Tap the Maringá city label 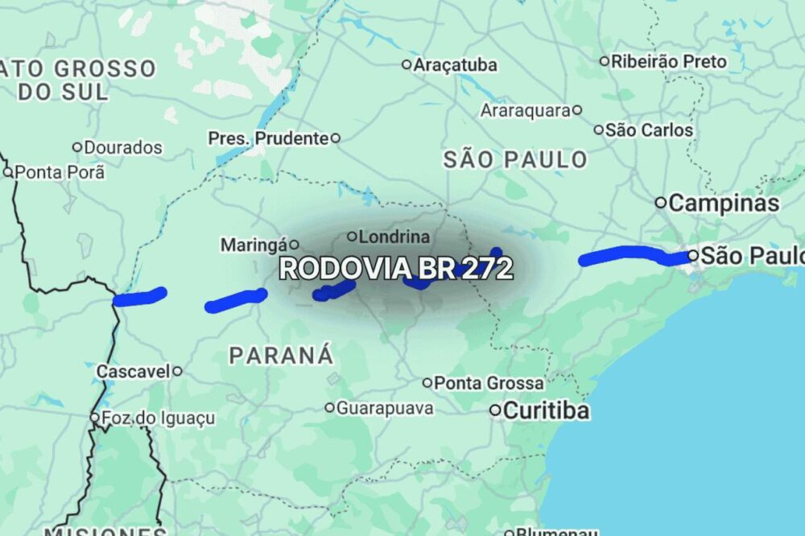point(254,243)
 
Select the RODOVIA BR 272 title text point(395,269)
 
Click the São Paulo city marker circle point(693,256)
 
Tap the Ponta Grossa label point(489,383)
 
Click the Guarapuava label point(385,408)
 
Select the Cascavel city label point(133,372)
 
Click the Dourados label point(123,148)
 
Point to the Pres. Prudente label point(268,138)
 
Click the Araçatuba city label point(455,65)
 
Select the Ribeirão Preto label point(668,61)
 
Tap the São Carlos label point(649,130)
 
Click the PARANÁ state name point(281,354)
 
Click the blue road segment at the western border point(139,298)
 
